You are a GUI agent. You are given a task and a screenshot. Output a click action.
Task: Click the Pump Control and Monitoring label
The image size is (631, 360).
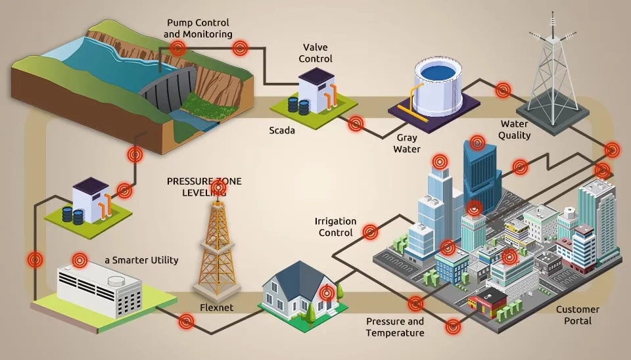(x=198, y=28)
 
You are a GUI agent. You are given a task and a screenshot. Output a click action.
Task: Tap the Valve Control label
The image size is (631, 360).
(x=315, y=53)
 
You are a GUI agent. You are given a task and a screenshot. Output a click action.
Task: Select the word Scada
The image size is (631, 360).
(x=282, y=130)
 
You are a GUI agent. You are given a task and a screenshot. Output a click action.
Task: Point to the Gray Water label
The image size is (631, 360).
(x=406, y=143)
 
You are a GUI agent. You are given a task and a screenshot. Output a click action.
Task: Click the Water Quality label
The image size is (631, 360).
(x=515, y=129)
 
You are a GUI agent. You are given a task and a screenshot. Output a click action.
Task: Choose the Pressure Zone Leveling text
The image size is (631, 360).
(x=204, y=187)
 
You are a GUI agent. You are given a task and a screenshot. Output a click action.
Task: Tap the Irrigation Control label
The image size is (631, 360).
(x=335, y=227)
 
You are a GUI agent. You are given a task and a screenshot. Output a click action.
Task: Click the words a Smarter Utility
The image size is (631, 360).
(x=141, y=260)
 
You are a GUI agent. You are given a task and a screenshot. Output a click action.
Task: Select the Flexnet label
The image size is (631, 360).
(x=217, y=307)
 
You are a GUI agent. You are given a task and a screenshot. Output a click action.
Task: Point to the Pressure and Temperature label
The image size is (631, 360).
(x=394, y=327)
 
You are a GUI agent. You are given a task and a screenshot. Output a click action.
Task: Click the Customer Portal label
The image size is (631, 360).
(x=577, y=315)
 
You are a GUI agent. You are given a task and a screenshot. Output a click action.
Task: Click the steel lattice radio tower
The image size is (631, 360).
(x=553, y=72)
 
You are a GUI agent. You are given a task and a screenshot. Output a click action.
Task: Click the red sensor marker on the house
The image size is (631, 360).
(x=327, y=293)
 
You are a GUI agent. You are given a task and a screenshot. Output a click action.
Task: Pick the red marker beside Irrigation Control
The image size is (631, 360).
(x=371, y=231)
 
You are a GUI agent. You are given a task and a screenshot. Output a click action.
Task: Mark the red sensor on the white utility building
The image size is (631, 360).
(x=80, y=260)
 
